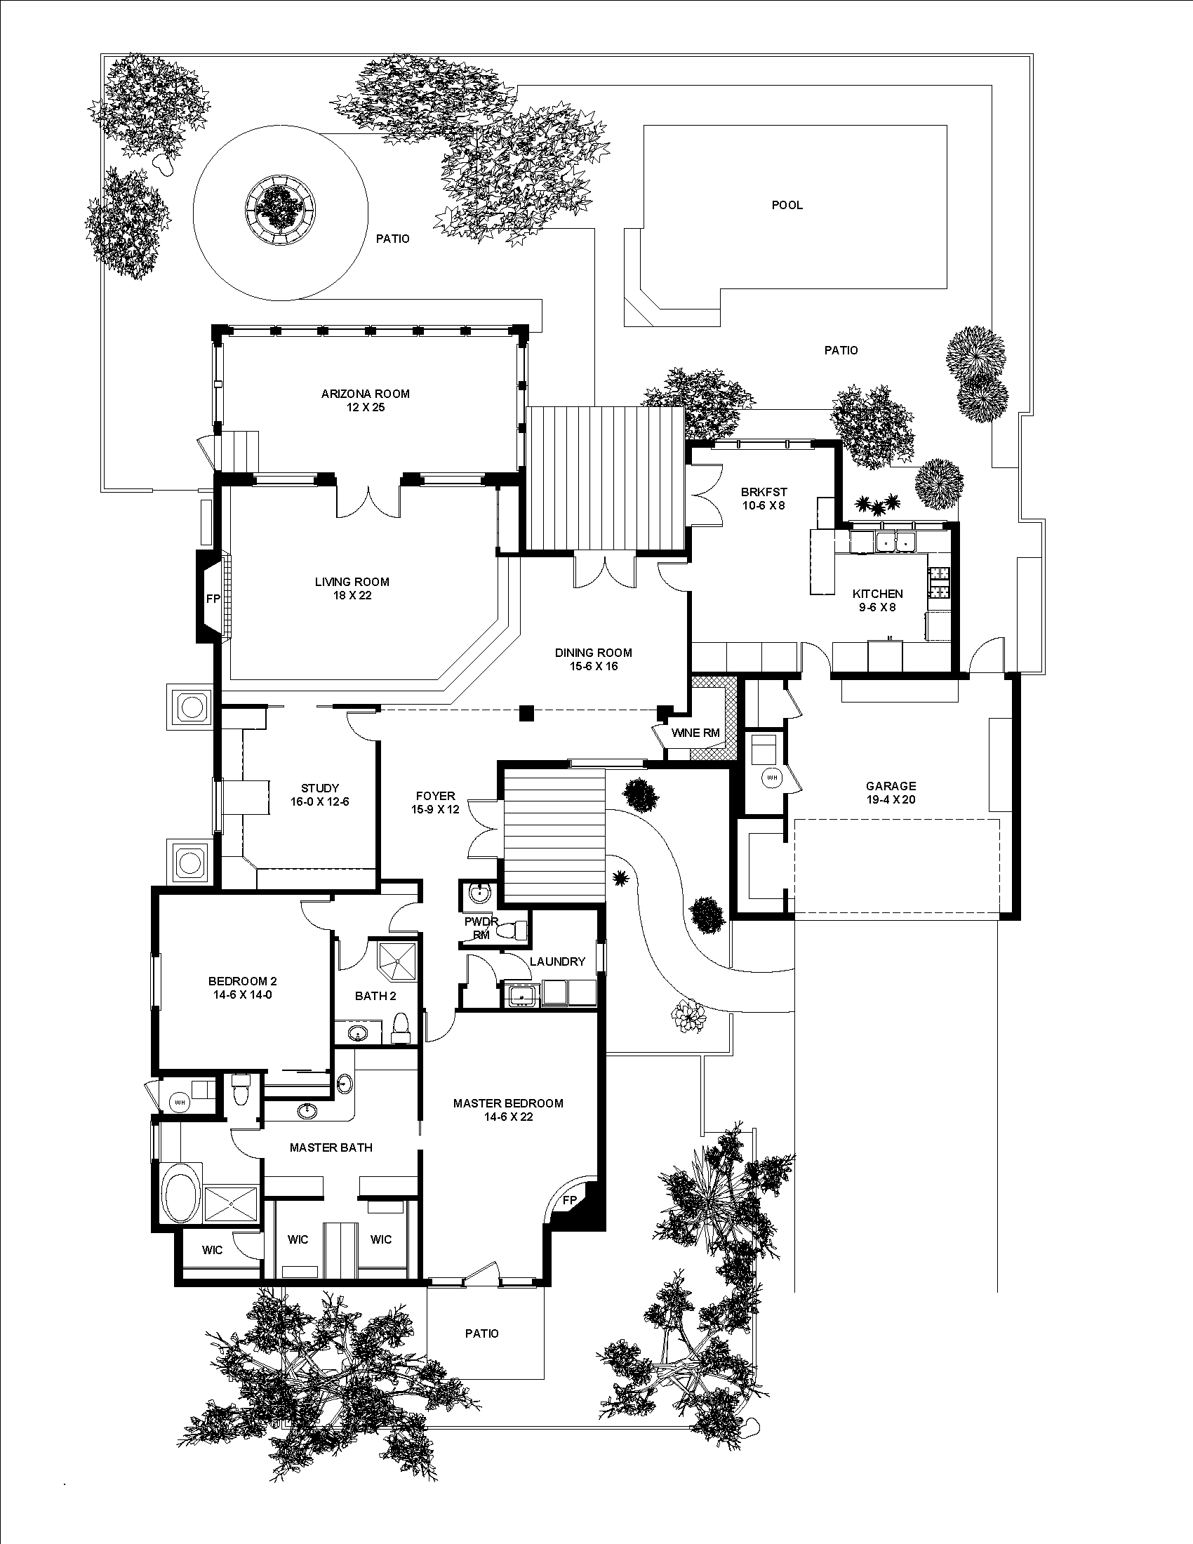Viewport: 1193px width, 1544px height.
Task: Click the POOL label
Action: [787, 205]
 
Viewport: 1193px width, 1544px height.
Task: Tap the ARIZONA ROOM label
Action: [366, 394]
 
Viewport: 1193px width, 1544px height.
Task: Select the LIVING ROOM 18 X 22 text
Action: [352, 588]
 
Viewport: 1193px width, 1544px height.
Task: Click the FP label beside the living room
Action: [212, 599]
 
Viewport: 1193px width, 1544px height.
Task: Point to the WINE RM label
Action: [695, 733]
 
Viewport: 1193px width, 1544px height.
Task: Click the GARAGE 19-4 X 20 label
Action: [891, 792]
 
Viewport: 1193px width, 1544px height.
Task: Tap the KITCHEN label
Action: [877, 594]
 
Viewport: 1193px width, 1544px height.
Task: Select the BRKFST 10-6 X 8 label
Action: [764, 498]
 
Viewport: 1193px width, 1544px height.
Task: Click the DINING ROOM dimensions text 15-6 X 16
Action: [593, 666]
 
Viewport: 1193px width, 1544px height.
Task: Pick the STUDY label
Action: [320, 788]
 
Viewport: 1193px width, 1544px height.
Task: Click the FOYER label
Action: [435, 796]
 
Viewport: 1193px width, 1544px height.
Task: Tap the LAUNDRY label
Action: [557, 961]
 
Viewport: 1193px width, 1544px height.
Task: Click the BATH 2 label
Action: [375, 996]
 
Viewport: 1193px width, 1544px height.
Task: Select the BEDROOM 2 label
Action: [242, 981]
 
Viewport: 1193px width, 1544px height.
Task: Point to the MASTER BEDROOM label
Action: [508, 1103]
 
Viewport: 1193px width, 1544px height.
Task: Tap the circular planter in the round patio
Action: [281, 207]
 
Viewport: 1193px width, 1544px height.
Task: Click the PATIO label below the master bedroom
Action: [481, 1333]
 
